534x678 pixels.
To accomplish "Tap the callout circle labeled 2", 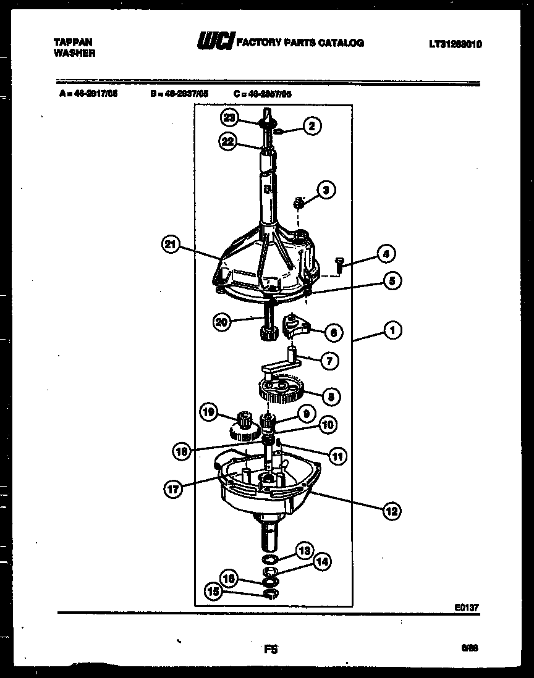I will pyautogui.click(x=311, y=126).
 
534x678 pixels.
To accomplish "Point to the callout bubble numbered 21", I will pyautogui.click(x=171, y=245).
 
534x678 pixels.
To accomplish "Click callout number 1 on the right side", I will pyautogui.click(x=392, y=330).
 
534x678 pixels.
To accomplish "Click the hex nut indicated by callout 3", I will pyautogui.click(x=299, y=201).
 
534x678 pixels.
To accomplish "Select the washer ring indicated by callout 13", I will pyautogui.click(x=269, y=559).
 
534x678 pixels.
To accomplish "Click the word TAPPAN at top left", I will pyautogui.click(x=74, y=42).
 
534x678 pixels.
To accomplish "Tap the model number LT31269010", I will pyautogui.click(x=455, y=44).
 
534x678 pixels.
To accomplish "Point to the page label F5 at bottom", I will pyautogui.click(x=271, y=649).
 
